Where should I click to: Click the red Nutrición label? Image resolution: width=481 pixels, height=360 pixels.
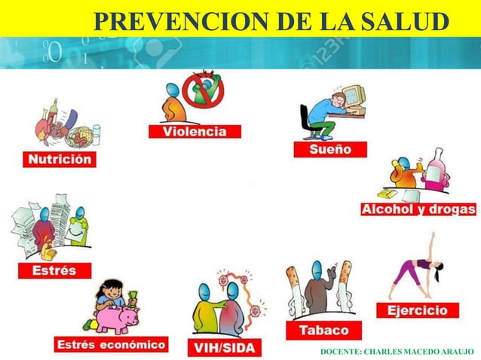(60, 160)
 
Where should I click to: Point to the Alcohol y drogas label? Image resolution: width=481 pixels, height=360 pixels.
(418, 209)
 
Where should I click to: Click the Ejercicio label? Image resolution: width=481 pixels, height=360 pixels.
(417, 310)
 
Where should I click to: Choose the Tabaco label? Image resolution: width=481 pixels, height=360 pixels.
(324, 330)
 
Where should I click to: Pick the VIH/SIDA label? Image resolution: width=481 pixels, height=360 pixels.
(224, 347)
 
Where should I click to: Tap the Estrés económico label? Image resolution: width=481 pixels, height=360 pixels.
(111, 345)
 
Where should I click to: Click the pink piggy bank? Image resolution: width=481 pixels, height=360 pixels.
(118, 319)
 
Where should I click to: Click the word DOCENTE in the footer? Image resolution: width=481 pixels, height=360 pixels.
(339, 352)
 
